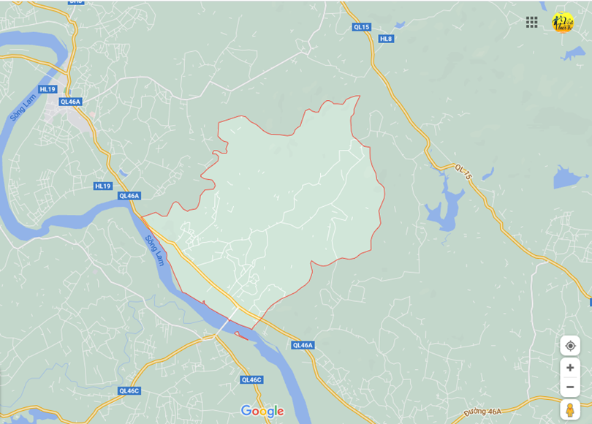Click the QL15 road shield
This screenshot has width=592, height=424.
(362, 27)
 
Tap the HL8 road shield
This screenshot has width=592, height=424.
(386, 39)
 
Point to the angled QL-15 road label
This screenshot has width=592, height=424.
(464, 173)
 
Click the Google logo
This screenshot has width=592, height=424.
(262, 412)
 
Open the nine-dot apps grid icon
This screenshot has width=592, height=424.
(532, 22)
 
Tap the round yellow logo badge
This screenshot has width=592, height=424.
(562, 23)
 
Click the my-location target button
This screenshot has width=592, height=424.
(570, 346)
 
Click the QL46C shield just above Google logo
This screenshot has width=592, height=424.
(251, 379)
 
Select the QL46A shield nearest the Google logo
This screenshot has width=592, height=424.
(302, 345)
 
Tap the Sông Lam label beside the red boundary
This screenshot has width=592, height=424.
(154, 250)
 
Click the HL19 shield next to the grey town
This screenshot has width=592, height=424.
(48, 89)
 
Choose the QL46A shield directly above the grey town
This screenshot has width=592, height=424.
(71, 102)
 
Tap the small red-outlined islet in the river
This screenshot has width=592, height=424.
(241, 334)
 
